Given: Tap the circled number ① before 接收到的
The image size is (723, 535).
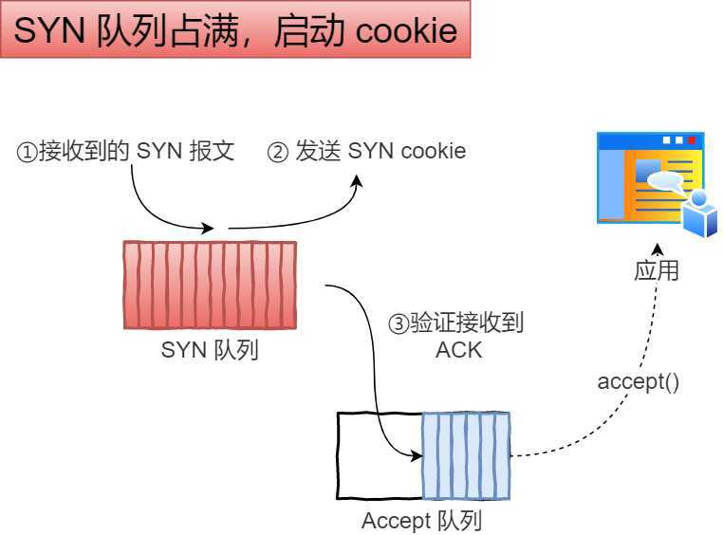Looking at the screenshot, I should point(27,152).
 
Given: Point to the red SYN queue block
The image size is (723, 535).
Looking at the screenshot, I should point(209,285).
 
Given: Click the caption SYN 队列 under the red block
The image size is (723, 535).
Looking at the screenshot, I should point(210,350).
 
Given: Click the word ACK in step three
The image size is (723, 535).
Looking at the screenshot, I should point(458,349).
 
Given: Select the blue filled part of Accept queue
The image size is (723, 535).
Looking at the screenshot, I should point(466,455).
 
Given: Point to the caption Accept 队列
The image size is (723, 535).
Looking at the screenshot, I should point(422,521).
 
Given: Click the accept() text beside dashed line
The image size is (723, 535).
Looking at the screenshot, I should point(638,382).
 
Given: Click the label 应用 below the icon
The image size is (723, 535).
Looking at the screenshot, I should point(656,270).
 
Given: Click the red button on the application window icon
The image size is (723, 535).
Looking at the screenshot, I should point(692,140).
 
